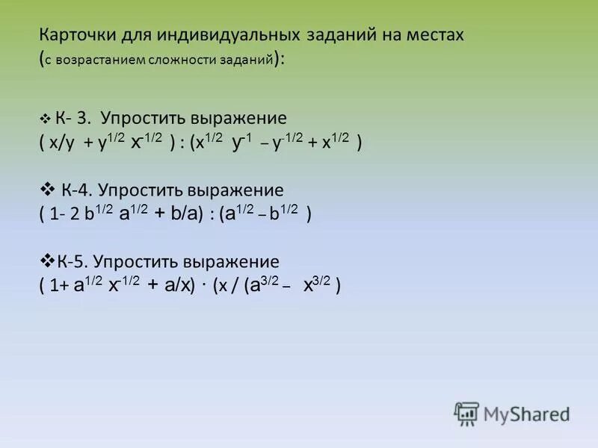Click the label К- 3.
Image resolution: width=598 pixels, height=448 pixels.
tap(73, 119)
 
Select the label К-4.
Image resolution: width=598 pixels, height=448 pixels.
tap(78, 190)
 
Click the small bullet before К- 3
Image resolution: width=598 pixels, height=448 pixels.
tap(46, 119)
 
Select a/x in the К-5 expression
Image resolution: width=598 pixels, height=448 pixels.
tap(176, 286)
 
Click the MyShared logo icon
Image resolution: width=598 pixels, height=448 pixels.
tap(466, 413)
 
